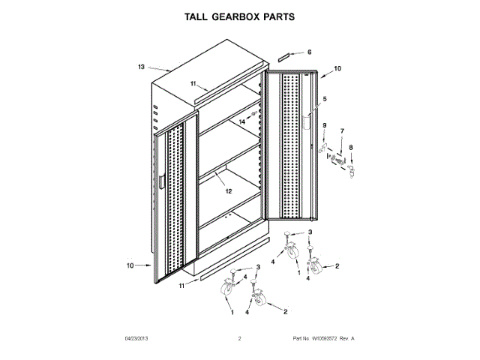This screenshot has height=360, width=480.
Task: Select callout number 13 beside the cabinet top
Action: point(140,67)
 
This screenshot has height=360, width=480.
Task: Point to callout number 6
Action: point(308,52)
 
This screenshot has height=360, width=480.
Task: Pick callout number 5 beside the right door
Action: point(325,99)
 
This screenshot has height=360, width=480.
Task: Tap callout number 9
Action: point(325,124)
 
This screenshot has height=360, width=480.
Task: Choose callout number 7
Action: point(341,130)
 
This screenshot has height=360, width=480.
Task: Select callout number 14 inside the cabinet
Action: point(242,121)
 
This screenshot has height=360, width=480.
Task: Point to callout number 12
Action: point(229,190)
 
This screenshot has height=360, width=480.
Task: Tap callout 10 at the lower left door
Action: point(130,265)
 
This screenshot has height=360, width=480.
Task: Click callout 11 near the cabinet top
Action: point(193,83)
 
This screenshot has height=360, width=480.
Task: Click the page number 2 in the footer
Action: point(239,339)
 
